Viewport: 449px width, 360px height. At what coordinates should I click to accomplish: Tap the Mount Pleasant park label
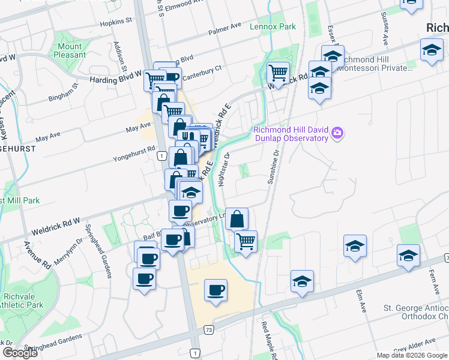tap(70, 50)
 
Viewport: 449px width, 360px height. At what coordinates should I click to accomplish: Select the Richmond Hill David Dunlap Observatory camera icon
tap(337, 133)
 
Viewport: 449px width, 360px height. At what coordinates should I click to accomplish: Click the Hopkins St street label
tap(117, 20)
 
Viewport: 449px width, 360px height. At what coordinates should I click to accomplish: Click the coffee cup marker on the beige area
tap(215, 291)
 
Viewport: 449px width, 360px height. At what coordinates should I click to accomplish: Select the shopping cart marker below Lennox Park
tap(278, 73)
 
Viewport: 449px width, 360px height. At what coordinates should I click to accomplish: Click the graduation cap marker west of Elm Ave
tap(355, 245)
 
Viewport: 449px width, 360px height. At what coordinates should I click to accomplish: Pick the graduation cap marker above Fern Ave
tap(409, 255)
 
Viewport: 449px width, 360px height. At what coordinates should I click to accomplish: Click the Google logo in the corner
tap(20, 353)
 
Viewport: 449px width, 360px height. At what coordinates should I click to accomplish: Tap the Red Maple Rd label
tap(267, 340)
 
